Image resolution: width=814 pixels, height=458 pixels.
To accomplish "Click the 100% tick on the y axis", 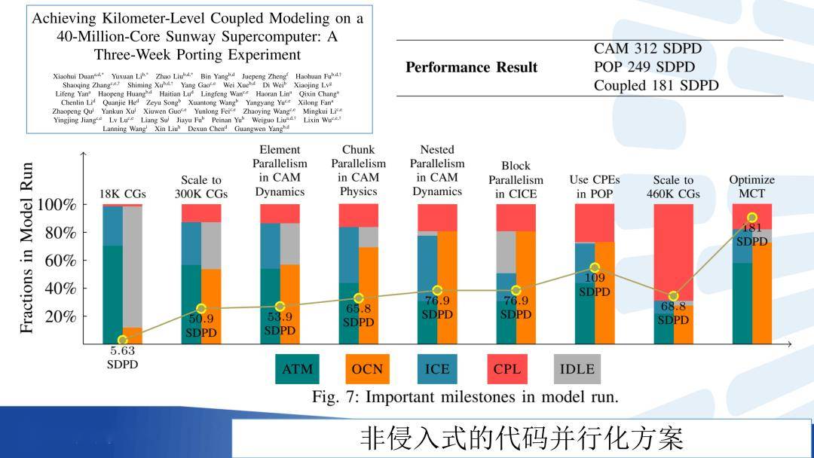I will (x=57, y=205).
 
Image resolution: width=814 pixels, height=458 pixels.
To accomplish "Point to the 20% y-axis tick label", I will (x=60, y=316).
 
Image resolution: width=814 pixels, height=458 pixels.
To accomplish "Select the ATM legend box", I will (x=297, y=369).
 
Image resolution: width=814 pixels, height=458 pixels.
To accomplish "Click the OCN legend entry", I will (x=367, y=369).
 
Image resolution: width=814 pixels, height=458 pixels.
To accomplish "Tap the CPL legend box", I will (x=506, y=369).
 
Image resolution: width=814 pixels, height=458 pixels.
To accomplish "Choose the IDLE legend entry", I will (x=577, y=369).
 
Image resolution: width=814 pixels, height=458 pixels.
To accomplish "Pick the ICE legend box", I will (x=436, y=369).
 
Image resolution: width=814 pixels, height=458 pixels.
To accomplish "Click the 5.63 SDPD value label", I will (x=122, y=357).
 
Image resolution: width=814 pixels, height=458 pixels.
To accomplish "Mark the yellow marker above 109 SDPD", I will (x=595, y=267).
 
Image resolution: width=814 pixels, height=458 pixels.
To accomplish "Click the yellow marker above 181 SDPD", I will (x=751, y=218).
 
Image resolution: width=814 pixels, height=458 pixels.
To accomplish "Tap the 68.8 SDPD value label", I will (x=673, y=313).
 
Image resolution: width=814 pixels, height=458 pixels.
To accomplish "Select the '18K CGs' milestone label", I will (x=122, y=194).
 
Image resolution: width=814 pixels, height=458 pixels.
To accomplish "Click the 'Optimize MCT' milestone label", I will (x=751, y=187).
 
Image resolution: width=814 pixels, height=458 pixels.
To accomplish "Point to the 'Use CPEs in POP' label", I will (x=595, y=187).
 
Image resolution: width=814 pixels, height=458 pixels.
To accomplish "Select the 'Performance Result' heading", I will (x=471, y=68).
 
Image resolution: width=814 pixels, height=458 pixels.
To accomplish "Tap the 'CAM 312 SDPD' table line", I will (x=647, y=49).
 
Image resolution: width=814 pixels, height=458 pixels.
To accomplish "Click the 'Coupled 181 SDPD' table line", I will (x=656, y=86).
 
